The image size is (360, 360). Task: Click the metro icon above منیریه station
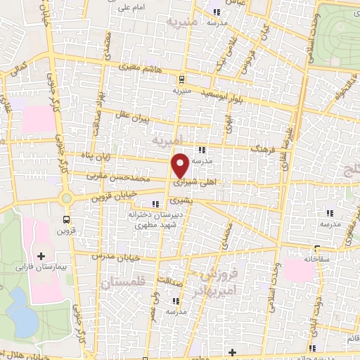[181, 79]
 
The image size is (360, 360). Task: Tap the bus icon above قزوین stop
[67, 219]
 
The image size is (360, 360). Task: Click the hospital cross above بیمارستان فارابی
[40, 255]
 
